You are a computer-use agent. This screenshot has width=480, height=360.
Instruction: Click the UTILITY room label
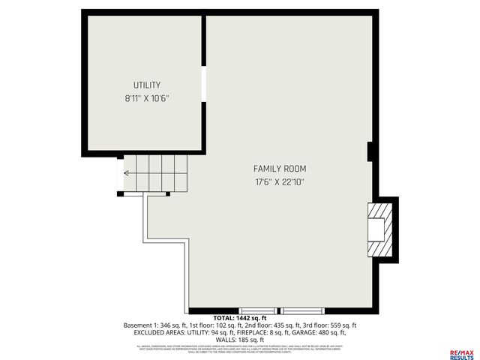click(x=147, y=85)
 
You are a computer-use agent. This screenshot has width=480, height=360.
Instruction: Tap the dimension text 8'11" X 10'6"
click(x=147, y=98)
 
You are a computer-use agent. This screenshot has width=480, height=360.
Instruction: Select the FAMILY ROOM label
click(x=279, y=169)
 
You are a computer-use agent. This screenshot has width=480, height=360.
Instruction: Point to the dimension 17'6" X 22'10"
click(x=279, y=181)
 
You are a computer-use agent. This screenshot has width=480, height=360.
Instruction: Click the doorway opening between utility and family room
click(x=203, y=84)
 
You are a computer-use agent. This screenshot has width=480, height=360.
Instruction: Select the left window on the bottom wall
click(x=257, y=310)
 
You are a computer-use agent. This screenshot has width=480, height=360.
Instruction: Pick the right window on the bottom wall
click(x=301, y=310)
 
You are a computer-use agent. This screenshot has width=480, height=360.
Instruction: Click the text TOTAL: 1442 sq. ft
click(x=239, y=318)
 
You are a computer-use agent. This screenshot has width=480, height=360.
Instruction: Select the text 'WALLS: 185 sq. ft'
click(x=240, y=339)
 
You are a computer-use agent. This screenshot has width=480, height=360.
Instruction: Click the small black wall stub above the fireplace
click(x=370, y=151)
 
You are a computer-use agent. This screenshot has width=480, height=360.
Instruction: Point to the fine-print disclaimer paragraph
click(x=240, y=348)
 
